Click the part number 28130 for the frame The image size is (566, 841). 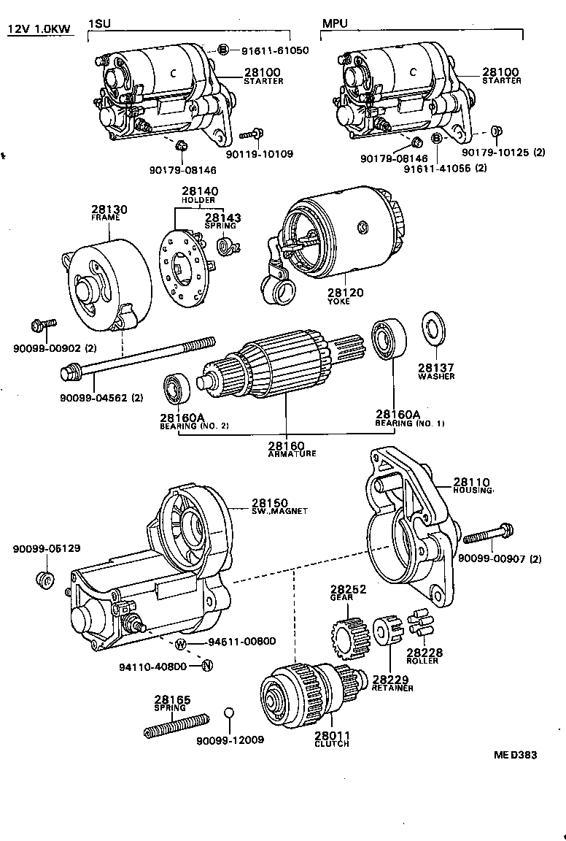[x=109, y=210]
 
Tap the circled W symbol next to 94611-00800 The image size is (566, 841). [x=181, y=643]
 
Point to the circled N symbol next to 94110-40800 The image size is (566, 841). [x=206, y=665]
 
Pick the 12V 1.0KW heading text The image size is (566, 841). [x=39, y=28]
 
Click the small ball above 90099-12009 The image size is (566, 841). [x=229, y=713]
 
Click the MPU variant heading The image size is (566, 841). [x=335, y=23]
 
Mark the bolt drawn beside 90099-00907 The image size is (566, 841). [x=489, y=534]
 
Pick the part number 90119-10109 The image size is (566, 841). [x=259, y=154]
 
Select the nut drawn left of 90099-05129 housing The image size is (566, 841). [x=44, y=581]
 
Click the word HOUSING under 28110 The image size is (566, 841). [x=473, y=491]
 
